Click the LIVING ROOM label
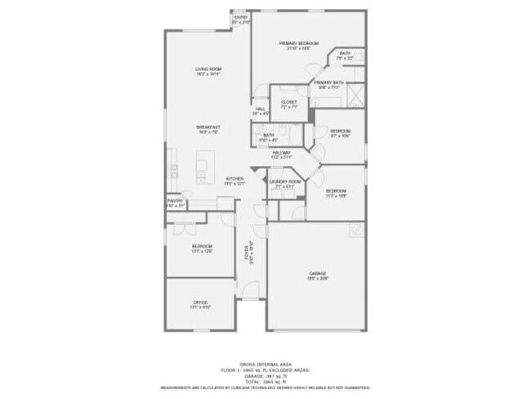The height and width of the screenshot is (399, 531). point(208,69)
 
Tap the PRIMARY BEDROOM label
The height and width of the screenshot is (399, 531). point(298,43)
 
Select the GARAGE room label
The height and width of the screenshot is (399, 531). point(318,272)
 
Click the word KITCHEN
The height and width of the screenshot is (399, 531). point(234,179)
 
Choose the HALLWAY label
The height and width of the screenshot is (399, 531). point(282,153)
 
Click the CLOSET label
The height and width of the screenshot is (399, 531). point(288,102)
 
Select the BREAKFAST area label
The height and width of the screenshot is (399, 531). point(208,128)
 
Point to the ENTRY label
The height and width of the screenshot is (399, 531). point(240,17)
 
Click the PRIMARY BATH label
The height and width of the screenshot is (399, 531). point(328,83)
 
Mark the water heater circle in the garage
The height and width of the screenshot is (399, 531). point(357,230)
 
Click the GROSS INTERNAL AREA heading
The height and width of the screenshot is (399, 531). point(265,365)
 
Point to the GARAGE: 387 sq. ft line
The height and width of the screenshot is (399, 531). point(265,376)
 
